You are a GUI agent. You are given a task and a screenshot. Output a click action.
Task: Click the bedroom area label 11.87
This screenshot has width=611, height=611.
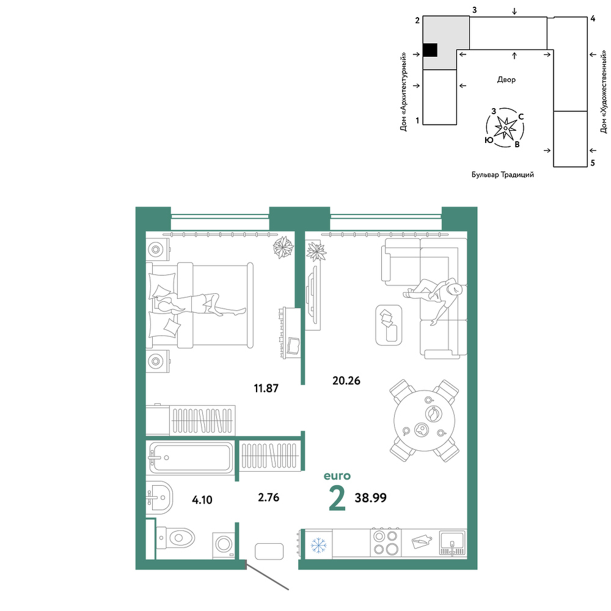point(266,388)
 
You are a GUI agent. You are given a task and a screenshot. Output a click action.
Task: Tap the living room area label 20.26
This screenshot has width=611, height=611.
point(346,380)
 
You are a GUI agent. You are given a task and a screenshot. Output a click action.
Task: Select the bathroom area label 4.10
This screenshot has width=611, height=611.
point(202,500)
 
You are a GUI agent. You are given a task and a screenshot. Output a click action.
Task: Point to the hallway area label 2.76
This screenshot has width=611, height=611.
point(268,497)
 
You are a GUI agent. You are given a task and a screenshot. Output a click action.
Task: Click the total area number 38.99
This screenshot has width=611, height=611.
point(371,497)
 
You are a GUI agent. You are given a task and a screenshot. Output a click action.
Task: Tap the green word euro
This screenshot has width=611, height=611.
point(337,476)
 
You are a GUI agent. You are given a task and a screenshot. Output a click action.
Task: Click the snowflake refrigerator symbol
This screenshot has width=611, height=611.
point(318,545)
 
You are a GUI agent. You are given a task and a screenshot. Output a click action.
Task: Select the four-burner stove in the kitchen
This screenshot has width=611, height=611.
point(386,543)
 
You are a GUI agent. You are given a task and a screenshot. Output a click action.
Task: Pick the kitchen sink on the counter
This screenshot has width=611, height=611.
point(452,543)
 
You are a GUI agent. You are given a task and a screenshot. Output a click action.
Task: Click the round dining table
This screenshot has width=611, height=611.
point(425,420)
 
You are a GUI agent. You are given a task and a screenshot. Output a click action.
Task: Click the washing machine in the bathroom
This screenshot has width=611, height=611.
point(224,545)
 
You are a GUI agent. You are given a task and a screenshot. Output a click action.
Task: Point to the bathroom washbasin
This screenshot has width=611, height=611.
point(159,497)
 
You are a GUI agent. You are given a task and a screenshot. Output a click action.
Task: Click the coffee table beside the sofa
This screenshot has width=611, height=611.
point(389,325)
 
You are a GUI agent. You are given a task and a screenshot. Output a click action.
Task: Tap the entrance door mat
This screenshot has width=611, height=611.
point(269,551)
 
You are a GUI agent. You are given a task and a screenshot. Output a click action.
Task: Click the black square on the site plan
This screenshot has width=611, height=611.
point(430,50)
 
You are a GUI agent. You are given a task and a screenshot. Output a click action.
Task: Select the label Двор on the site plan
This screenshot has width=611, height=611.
point(506,80)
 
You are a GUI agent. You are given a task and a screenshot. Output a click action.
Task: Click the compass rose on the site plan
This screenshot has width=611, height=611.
point(505,128)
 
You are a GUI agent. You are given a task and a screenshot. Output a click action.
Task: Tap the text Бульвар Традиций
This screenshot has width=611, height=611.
point(503,175)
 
